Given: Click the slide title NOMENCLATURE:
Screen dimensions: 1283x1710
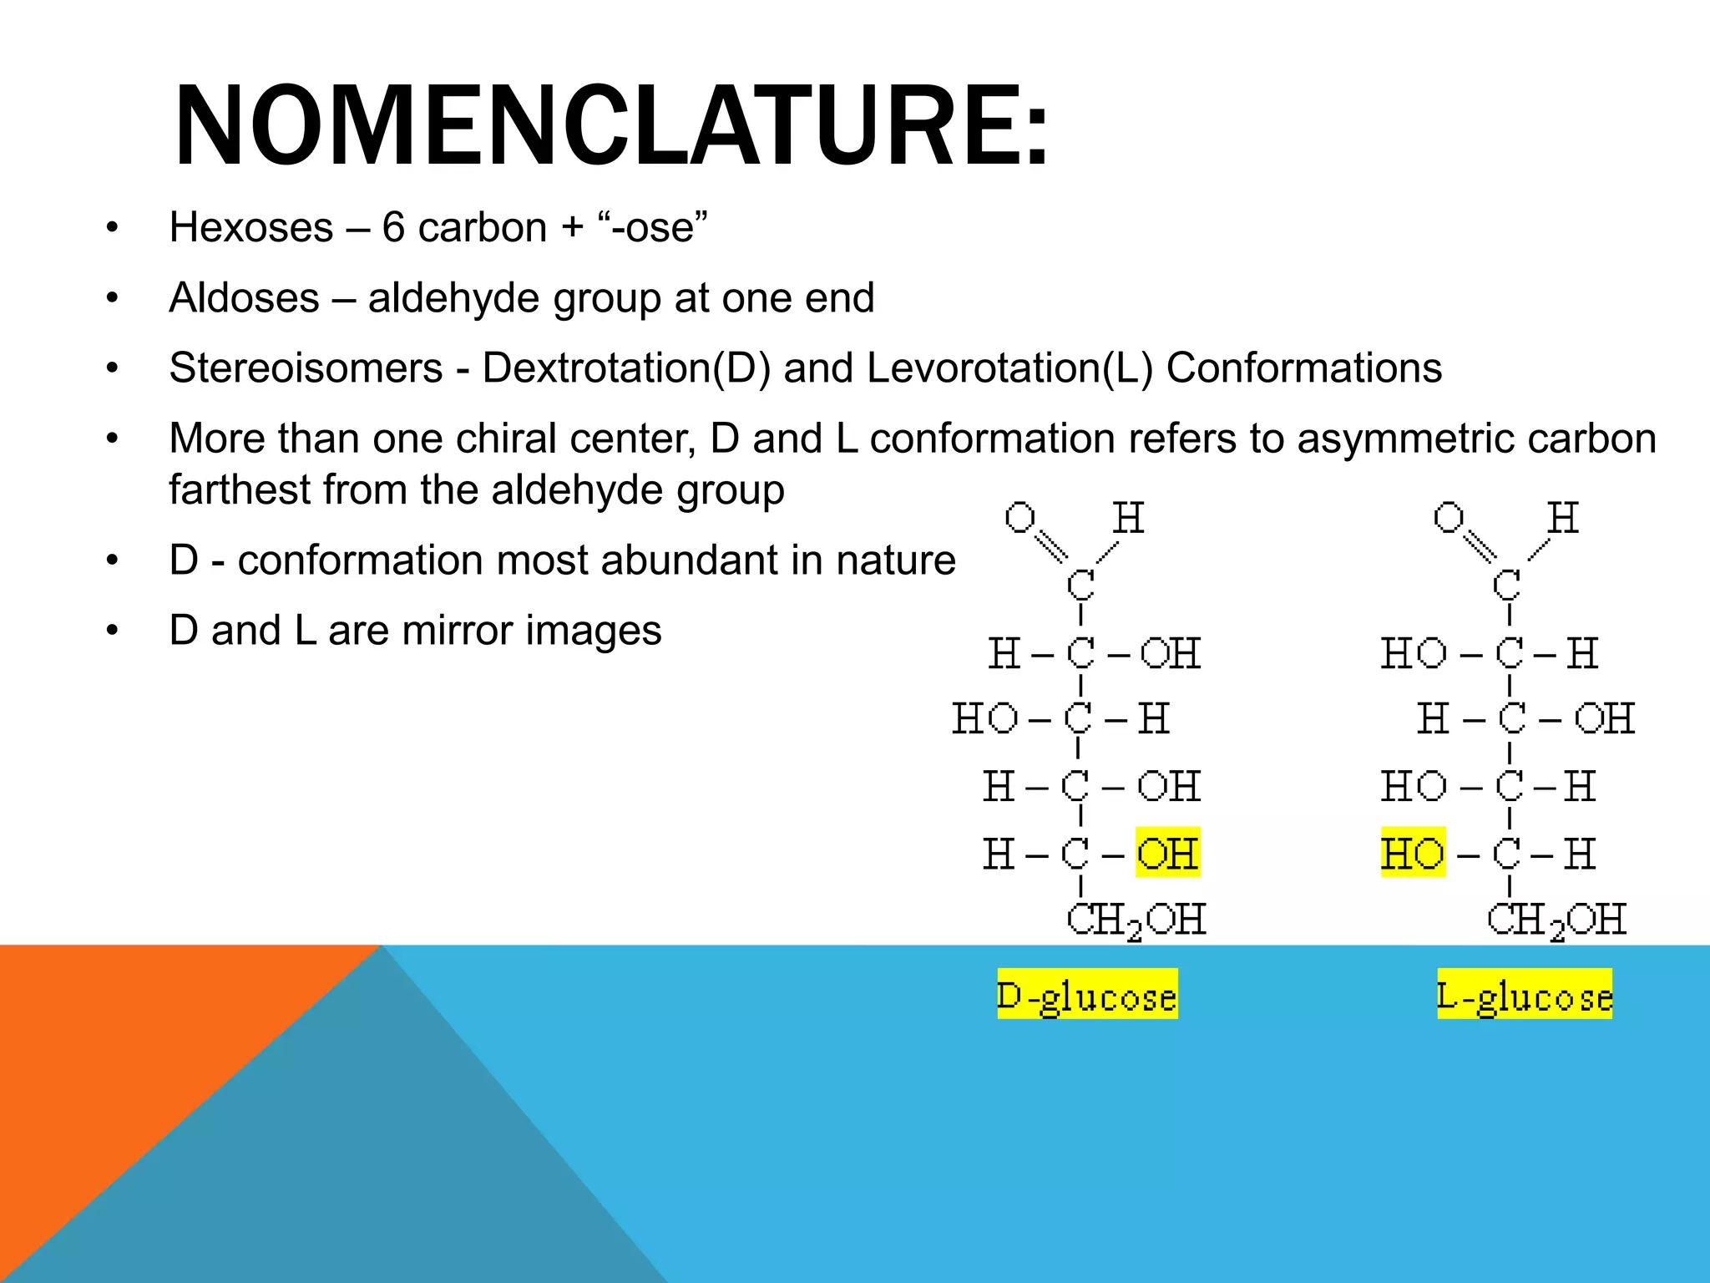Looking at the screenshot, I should coord(610,127).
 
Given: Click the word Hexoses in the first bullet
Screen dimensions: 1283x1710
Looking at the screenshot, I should coord(251,227).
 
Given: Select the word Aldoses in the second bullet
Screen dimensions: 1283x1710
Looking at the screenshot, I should coord(244,298).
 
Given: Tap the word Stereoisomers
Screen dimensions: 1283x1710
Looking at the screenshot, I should coord(306,368).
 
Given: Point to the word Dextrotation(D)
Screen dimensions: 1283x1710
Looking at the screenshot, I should coord(626,368).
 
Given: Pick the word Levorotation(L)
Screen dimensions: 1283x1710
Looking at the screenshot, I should coord(1009,368).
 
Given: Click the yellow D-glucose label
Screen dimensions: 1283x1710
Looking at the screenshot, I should coord(1087,995).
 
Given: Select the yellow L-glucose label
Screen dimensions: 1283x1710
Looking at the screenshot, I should coord(1525,995).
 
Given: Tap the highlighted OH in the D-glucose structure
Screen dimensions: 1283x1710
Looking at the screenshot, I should coord(1167,853).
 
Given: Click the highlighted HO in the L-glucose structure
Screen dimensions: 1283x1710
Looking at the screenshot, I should coord(1413,853).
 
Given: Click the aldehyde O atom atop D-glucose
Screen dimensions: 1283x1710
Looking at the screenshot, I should coord(1020,517).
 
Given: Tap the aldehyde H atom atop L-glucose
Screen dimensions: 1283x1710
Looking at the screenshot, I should coord(1562,518).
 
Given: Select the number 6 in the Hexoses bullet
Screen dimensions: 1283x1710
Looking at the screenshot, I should coord(393,227).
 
